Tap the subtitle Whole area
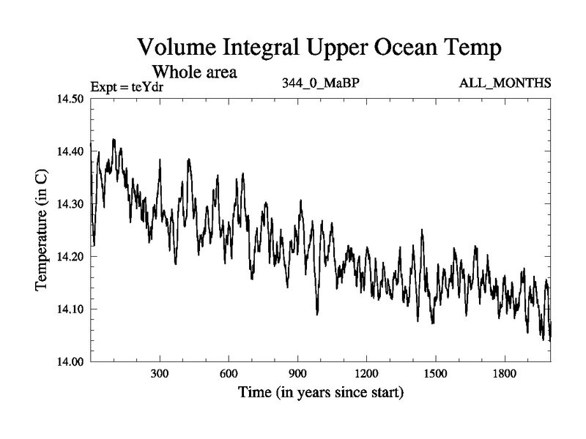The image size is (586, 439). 193,72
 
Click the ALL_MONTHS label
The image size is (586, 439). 505,83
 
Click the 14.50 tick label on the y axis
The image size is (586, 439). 71,100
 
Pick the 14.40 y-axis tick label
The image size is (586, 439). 71,151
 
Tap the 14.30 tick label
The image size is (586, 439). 71,204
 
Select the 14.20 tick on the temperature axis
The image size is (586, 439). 71,257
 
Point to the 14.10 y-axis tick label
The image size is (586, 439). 71,309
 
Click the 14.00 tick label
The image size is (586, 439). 71,361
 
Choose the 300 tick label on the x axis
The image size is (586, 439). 160,374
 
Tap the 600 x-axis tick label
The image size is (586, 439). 229,374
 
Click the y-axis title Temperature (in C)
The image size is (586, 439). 42,230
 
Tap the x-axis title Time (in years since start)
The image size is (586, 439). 320,393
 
